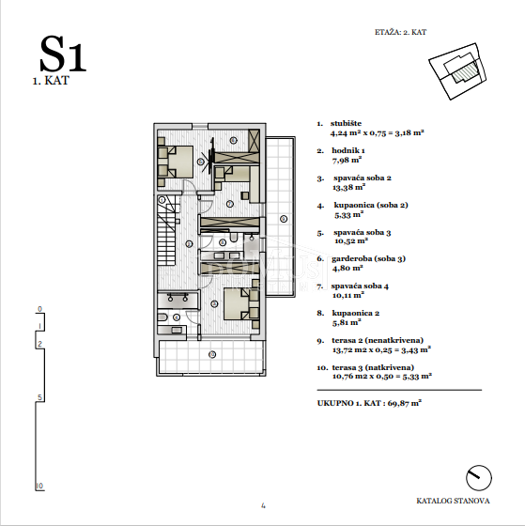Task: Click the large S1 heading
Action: [x=63, y=54]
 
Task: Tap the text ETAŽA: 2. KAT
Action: [x=400, y=32]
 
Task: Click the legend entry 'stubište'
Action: [x=346, y=123]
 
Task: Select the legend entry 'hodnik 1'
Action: [x=348, y=150]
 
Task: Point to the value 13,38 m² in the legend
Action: [x=348, y=187]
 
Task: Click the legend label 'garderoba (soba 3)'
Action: [x=368, y=258]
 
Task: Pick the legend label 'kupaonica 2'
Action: [x=356, y=313]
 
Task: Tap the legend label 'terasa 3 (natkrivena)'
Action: [x=373, y=367]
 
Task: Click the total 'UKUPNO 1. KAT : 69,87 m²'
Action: [x=369, y=403]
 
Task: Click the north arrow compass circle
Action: [x=479, y=478]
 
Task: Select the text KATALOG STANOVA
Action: [x=453, y=501]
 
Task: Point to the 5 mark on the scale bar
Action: [x=40, y=397]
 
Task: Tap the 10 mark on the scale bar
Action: [x=39, y=486]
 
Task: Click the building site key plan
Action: [x=457, y=71]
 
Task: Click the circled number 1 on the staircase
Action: [x=162, y=200]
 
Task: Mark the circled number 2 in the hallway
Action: [x=189, y=244]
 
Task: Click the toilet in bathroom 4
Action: [x=162, y=317]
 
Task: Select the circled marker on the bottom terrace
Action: [x=212, y=354]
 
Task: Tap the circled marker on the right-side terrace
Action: [x=284, y=219]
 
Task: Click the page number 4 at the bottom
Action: [x=263, y=505]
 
